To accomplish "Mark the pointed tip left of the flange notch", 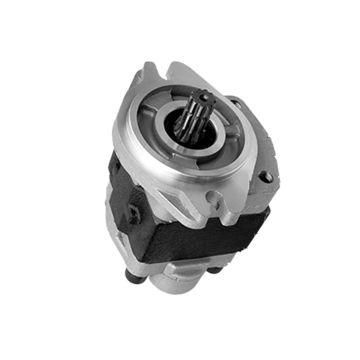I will click(150, 67).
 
